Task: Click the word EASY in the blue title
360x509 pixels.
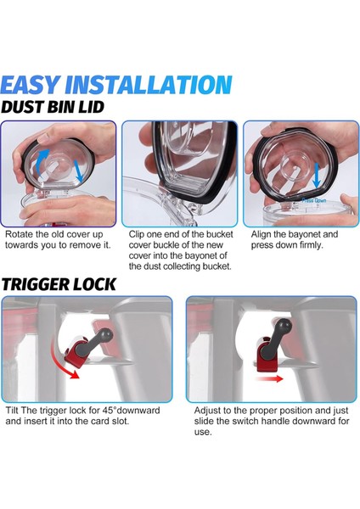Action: (x=31, y=85)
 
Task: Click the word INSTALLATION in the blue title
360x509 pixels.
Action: (x=149, y=85)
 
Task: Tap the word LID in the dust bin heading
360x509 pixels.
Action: (x=91, y=107)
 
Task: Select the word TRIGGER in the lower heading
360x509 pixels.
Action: (x=36, y=284)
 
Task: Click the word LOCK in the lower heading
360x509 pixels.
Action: (x=94, y=284)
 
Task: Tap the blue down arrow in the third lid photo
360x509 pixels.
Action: (x=316, y=176)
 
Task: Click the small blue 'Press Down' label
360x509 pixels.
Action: (x=313, y=200)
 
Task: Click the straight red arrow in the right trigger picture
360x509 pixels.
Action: (x=269, y=378)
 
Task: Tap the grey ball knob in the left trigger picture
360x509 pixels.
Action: (x=106, y=333)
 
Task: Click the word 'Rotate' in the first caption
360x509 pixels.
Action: (x=19, y=234)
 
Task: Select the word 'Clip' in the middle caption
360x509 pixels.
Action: (x=137, y=235)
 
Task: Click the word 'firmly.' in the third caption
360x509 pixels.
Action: (x=311, y=245)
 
